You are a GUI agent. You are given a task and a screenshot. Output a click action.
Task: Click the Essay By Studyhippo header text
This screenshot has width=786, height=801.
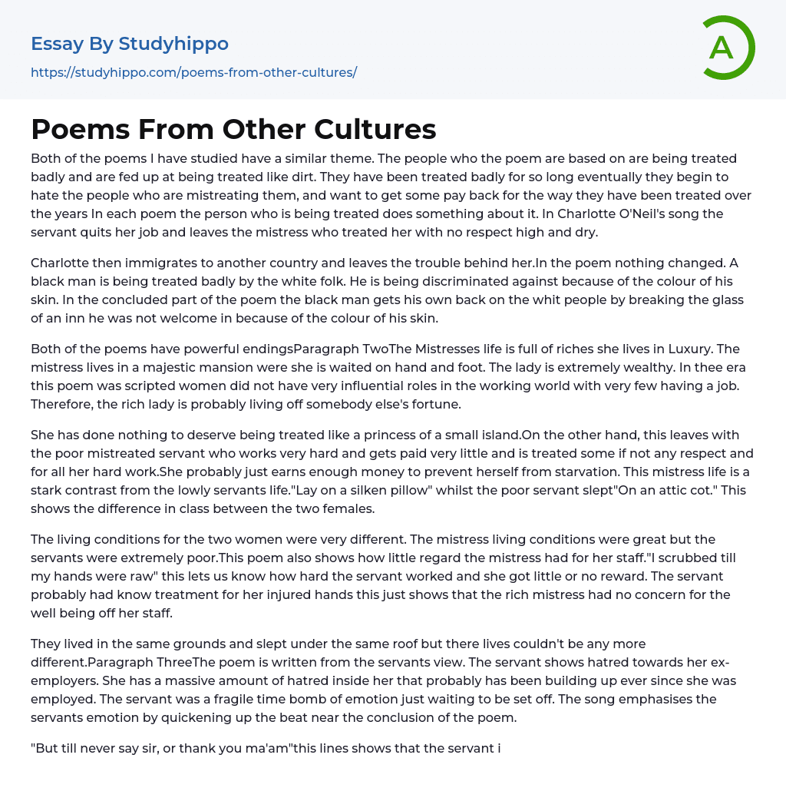(130, 44)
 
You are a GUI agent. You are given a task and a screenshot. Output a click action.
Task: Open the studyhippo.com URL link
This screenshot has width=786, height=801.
(193, 72)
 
